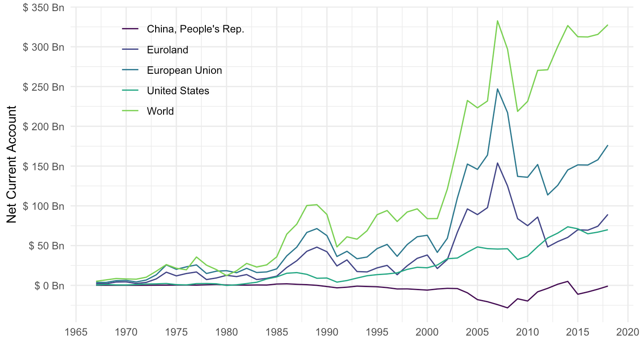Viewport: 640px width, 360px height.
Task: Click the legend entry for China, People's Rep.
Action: (196, 29)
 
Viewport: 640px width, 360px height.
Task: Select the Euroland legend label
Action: (168, 50)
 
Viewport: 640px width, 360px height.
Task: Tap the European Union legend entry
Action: (184, 70)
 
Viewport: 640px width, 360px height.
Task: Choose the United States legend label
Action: (178, 91)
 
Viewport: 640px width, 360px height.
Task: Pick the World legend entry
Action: (160, 111)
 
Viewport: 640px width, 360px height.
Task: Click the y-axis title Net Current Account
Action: (12, 164)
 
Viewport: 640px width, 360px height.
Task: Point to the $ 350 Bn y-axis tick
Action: (43, 8)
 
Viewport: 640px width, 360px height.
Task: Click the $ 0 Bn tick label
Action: (49, 285)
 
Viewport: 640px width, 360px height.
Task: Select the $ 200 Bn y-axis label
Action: (43, 127)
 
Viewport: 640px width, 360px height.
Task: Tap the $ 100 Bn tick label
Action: (43, 206)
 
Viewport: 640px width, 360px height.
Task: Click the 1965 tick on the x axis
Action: (76, 332)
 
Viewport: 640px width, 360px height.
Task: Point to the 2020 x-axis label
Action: (628, 332)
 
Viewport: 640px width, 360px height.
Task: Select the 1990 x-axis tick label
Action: (327, 332)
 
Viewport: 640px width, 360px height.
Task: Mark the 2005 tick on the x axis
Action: (477, 332)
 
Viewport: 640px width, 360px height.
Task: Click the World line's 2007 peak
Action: (497, 20)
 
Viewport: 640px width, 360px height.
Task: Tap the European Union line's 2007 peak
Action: (497, 89)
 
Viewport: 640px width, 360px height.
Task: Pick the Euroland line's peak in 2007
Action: (497, 163)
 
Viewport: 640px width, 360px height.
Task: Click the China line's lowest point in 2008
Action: (508, 308)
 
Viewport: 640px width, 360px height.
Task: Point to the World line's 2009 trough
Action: (517, 111)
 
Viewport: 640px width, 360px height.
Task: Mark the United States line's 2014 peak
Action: (568, 227)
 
